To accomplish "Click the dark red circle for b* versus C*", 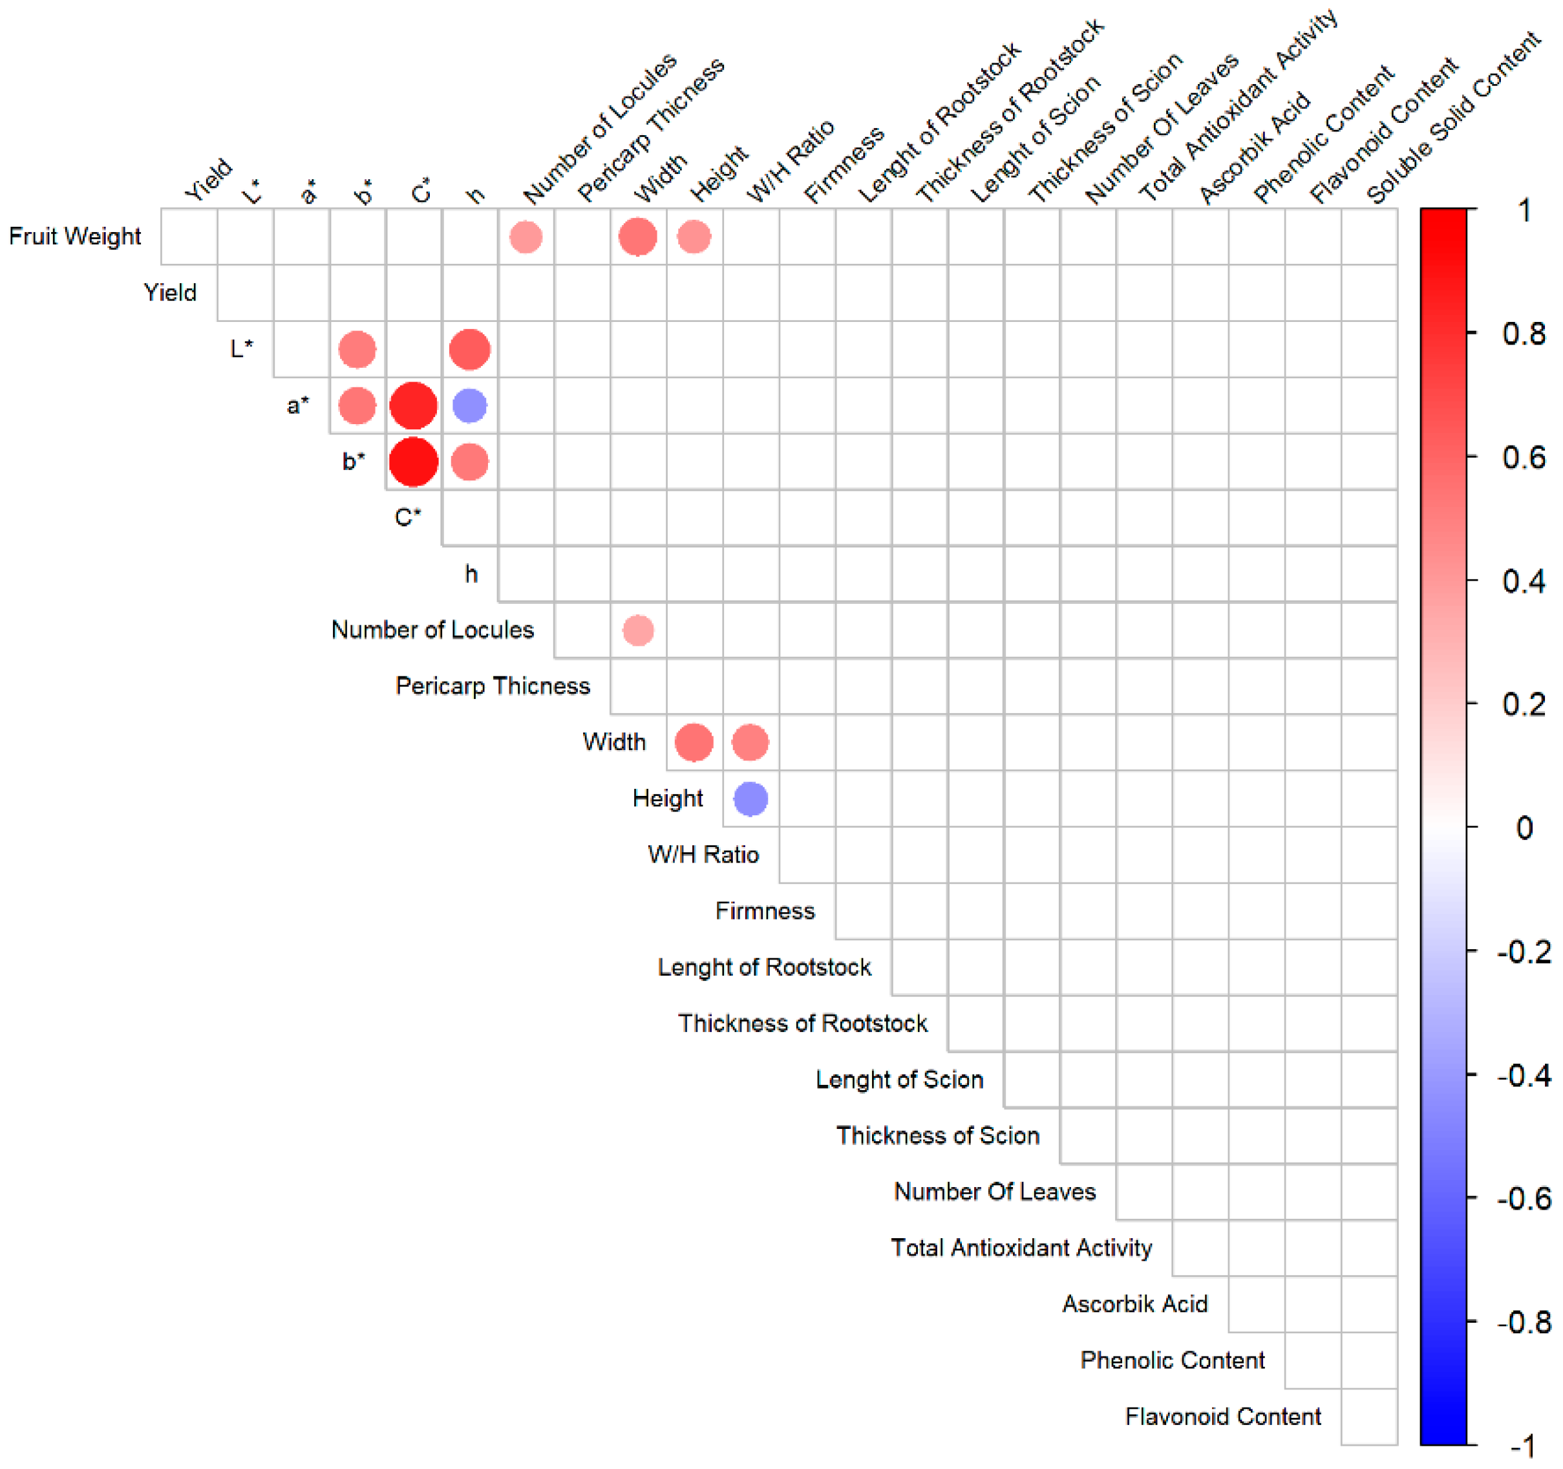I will click(x=414, y=462).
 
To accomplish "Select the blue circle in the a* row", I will click(x=470, y=406).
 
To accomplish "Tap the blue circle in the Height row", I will click(x=751, y=799).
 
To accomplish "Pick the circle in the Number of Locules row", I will click(x=639, y=630).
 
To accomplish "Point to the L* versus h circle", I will click(x=470, y=349).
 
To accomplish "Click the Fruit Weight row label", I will click(x=75, y=236).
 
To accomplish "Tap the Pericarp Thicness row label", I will click(x=493, y=686).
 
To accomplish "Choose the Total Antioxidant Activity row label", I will click(x=1021, y=1247).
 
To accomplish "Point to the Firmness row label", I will click(x=765, y=910).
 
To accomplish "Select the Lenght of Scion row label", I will click(x=899, y=1079).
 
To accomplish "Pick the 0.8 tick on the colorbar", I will click(x=1524, y=334).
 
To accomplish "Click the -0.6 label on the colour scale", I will click(x=1524, y=1199).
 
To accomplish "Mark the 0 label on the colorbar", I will click(x=1524, y=828).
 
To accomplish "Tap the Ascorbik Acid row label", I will click(x=1134, y=1304).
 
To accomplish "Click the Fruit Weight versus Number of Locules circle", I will click(x=526, y=237).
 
